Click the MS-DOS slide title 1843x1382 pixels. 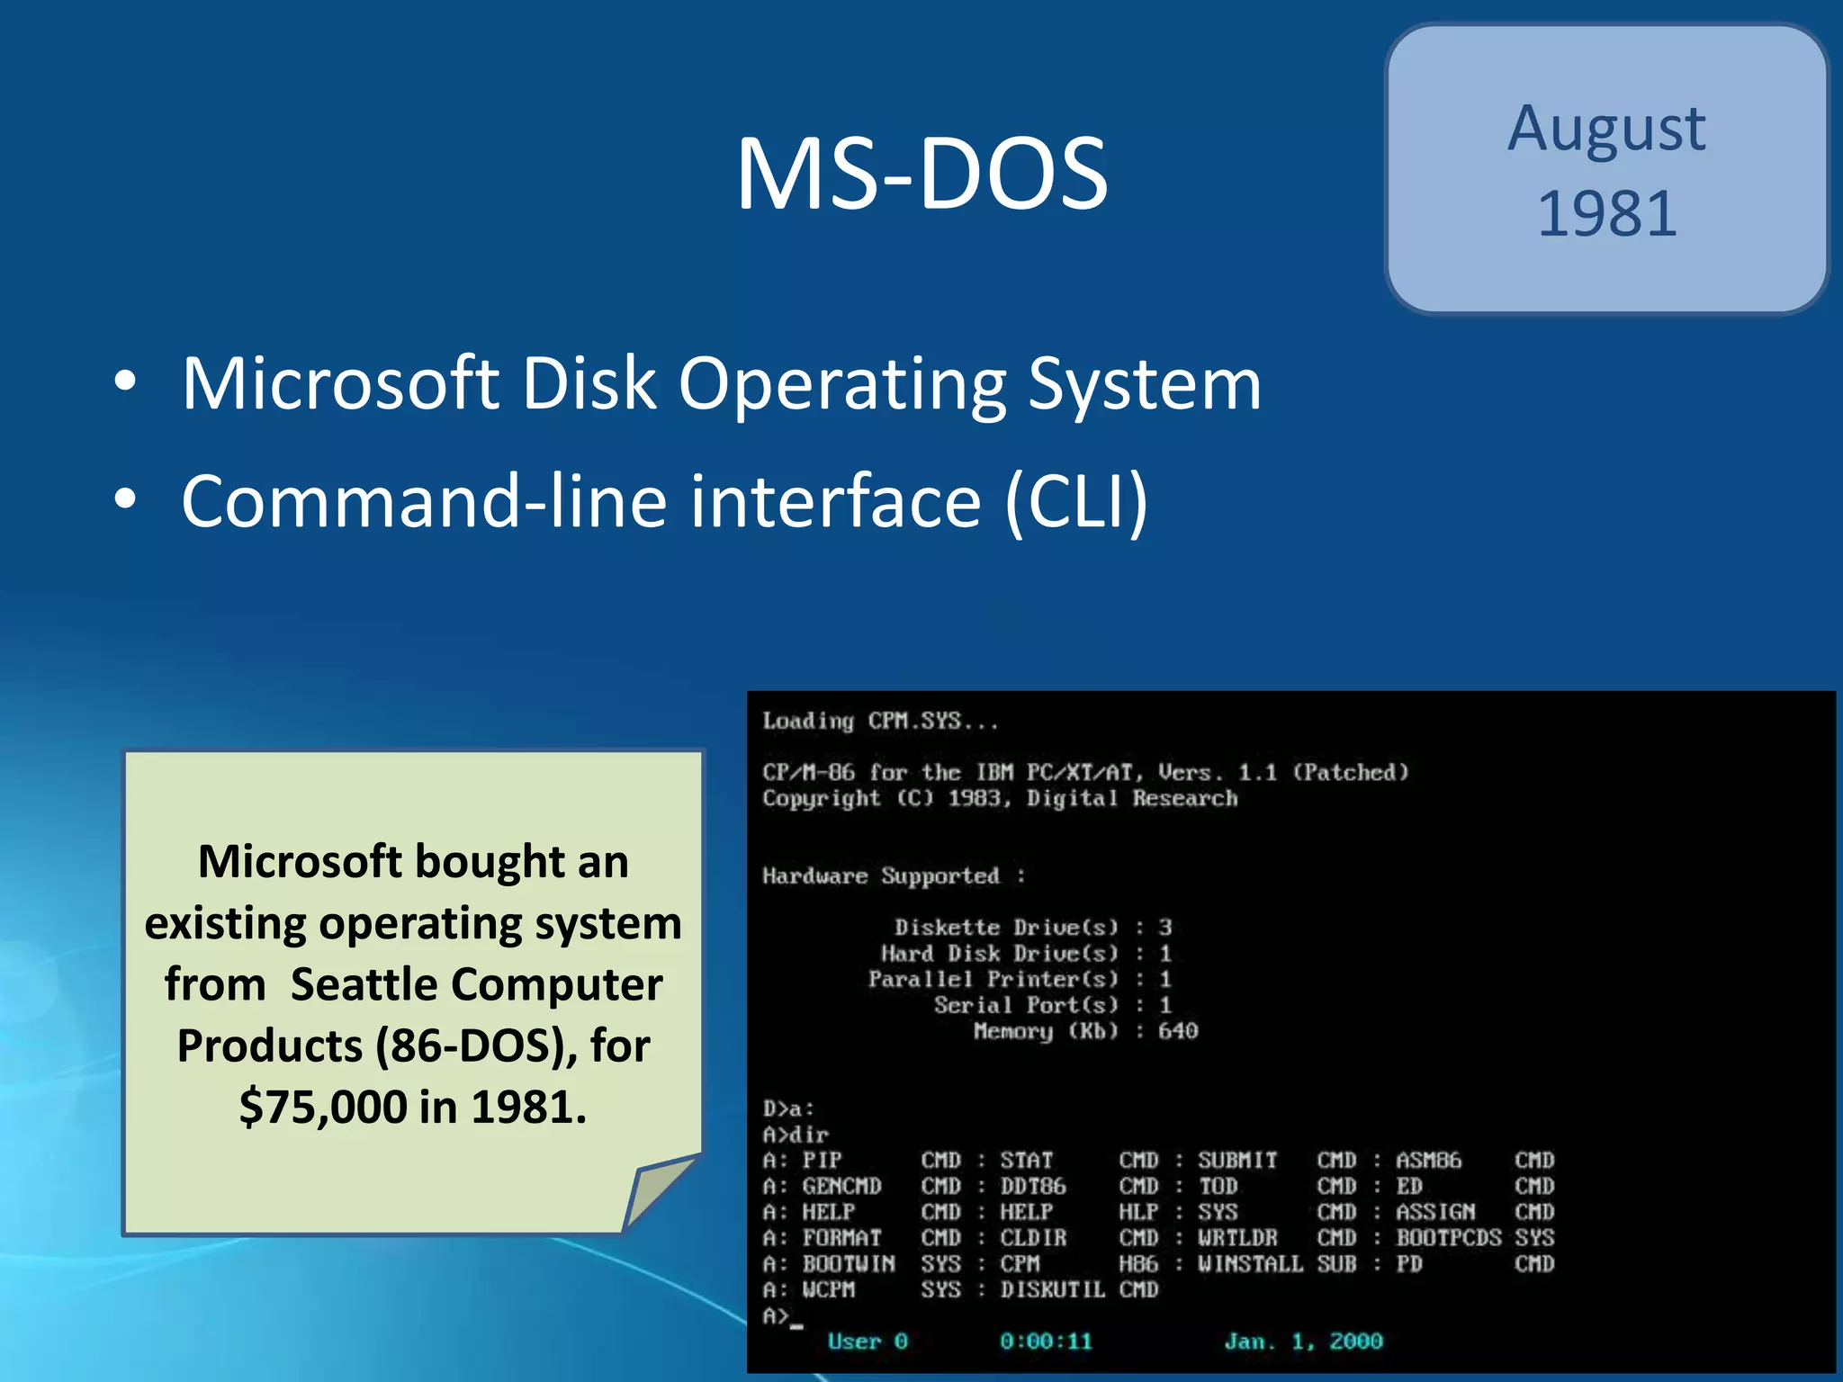pyautogui.click(x=921, y=174)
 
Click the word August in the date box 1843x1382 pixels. pyautogui.click(x=1606, y=129)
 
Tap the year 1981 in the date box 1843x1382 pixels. pyautogui.click(x=1607, y=214)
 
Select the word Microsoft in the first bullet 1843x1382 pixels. pyautogui.click(x=340, y=384)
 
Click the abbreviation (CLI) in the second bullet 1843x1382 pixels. pyautogui.click(x=1076, y=501)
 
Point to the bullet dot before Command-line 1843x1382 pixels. pyautogui.click(x=125, y=498)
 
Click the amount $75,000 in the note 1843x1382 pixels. pyautogui.click(x=323, y=1107)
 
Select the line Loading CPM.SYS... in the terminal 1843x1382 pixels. pyautogui.click(x=880, y=721)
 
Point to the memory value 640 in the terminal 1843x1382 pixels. pyautogui.click(x=1177, y=1030)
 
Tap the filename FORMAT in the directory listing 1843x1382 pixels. pyautogui.click(x=841, y=1238)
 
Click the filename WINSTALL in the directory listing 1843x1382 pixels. pyautogui.click(x=1249, y=1264)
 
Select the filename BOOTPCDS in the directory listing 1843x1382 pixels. pyautogui.click(x=1447, y=1238)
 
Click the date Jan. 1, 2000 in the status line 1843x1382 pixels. pyautogui.click(x=1302, y=1342)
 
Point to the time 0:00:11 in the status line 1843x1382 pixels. pyautogui.click(x=1045, y=1342)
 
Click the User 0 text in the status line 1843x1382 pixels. pyautogui.click(x=867, y=1342)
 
